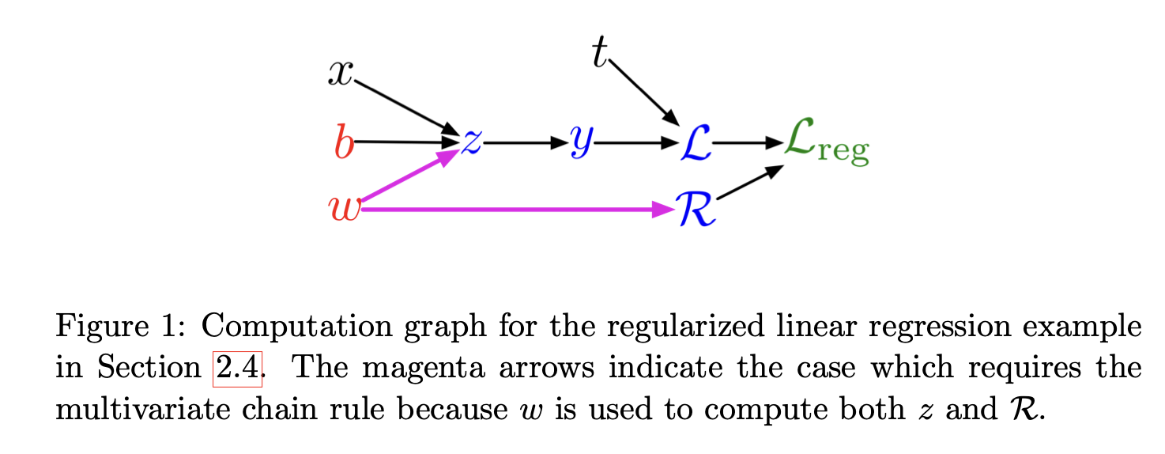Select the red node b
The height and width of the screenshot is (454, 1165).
pyautogui.click(x=344, y=143)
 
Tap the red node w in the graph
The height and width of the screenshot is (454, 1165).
pyautogui.click(x=344, y=209)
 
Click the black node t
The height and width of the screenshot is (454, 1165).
pyautogui.click(x=600, y=54)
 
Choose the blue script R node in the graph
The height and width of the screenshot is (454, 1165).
pyautogui.click(x=696, y=210)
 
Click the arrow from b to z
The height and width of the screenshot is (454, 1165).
pyautogui.click(x=407, y=142)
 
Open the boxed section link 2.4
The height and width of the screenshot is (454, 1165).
pyautogui.click(x=237, y=369)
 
